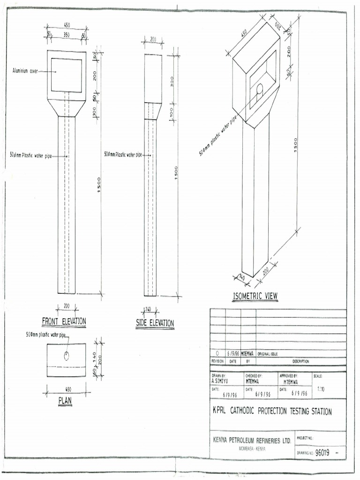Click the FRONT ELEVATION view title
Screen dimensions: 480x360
tap(64, 321)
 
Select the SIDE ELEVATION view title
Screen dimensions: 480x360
tap(155, 323)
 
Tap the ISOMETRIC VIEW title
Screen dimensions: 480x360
tap(255, 296)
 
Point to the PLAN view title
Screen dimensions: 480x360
tap(65, 401)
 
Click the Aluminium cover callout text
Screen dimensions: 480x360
tap(25, 71)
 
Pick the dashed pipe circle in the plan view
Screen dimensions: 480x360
tap(67, 356)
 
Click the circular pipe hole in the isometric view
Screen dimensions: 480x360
tap(260, 89)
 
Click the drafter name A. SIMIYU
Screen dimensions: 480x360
tap(220, 382)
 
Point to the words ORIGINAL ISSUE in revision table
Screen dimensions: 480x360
tap(268, 354)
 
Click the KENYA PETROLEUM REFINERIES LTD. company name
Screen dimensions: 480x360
tap(252, 441)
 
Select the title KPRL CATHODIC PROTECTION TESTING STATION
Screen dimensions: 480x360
tap(272, 412)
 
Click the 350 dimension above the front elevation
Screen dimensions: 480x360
tap(66, 35)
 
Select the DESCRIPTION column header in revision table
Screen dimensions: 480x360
tap(300, 361)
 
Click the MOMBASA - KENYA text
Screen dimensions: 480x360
tap(252, 449)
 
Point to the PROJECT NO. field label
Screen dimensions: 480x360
tap(305, 438)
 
